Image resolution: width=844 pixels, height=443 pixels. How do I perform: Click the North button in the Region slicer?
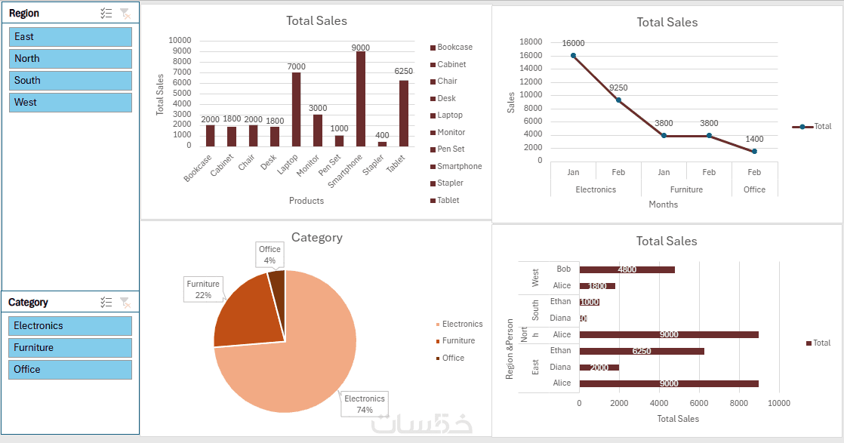(70, 58)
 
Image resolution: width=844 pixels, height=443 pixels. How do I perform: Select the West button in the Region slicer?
(70, 102)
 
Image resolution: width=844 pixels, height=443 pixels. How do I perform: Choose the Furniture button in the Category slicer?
(70, 347)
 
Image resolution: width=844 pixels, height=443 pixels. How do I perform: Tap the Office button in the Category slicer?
(70, 369)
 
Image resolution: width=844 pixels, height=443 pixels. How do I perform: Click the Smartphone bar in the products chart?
(361, 98)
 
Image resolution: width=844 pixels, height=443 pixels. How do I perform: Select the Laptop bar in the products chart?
(296, 109)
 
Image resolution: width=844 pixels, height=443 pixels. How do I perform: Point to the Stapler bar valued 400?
(382, 143)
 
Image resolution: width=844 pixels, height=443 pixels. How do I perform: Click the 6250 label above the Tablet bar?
(404, 71)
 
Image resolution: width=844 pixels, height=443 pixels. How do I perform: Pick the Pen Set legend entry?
(451, 149)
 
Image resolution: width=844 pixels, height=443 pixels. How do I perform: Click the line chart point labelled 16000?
(574, 55)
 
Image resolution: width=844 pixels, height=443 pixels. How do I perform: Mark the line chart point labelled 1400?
(754, 151)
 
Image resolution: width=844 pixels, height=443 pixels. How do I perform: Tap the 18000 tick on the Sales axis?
(531, 42)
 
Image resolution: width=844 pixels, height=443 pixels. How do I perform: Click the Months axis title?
(664, 205)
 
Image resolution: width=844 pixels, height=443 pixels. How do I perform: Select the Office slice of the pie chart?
(277, 278)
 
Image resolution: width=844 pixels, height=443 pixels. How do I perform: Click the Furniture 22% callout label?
(203, 289)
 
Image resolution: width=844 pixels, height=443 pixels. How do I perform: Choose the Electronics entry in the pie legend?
(462, 324)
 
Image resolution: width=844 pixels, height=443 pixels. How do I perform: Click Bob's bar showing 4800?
(627, 269)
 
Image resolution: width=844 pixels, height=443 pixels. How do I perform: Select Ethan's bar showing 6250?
(642, 351)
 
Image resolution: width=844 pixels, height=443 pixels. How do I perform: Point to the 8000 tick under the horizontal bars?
(740, 403)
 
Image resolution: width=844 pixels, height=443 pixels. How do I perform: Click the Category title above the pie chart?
(317, 238)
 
